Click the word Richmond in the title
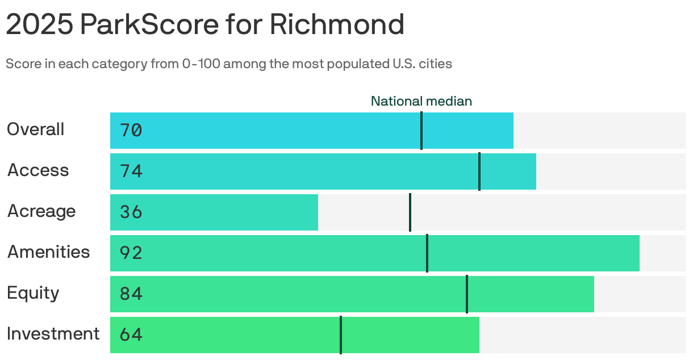pyautogui.click(x=337, y=24)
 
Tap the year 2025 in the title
pyautogui.click(x=39, y=24)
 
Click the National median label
pyautogui.click(x=421, y=101)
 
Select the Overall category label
pyautogui.click(x=35, y=129)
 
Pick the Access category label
pyautogui.click(x=38, y=170)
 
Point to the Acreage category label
pyautogui.click(x=41, y=211)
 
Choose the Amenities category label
pyautogui.click(x=48, y=252)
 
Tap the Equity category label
pyautogui.click(x=33, y=293)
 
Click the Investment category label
pyautogui.click(x=53, y=334)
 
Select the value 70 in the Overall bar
pyautogui.click(x=131, y=131)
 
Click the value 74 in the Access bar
pyautogui.click(x=131, y=171)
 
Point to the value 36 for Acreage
pyautogui.click(x=131, y=212)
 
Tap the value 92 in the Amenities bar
pyautogui.click(x=131, y=253)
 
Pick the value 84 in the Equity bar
pyautogui.click(x=131, y=294)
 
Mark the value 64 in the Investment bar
pyautogui.click(x=131, y=335)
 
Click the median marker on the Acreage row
pyautogui.click(x=410, y=212)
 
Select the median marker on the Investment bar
pyautogui.click(x=341, y=335)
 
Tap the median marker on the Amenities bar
pyautogui.click(x=427, y=253)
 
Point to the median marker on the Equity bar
pyautogui.click(x=467, y=294)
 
